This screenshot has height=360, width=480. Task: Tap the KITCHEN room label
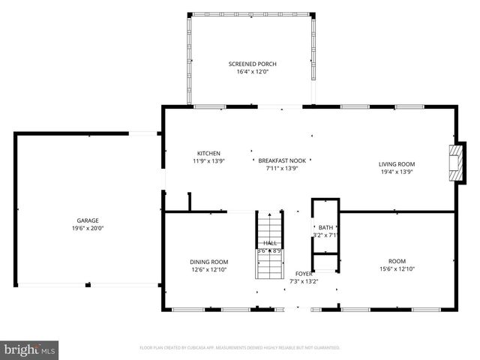pos(208,153)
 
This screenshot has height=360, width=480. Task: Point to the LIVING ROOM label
pos(396,164)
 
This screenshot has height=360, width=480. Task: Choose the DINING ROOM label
pos(208,262)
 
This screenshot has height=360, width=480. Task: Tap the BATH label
pos(325,227)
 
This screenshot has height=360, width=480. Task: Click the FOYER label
pos(304,274)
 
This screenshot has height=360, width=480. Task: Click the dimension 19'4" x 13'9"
pos(396,172)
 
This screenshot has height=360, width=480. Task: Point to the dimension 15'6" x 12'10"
pos(397,269)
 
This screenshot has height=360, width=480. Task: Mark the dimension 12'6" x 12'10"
pos(208,269)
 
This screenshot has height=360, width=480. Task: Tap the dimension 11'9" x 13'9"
pos(208,160)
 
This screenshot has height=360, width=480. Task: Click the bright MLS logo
pos(30,349)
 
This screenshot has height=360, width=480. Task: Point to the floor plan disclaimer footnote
pos(240,348)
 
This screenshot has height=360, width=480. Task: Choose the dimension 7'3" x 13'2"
pos(304,281)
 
